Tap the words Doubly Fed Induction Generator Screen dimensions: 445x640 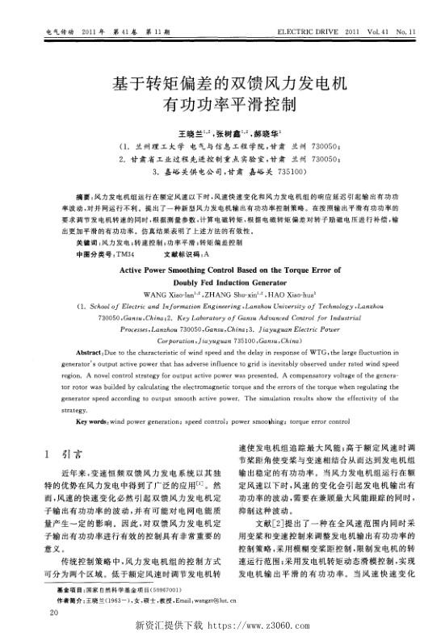coord(222,283)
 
